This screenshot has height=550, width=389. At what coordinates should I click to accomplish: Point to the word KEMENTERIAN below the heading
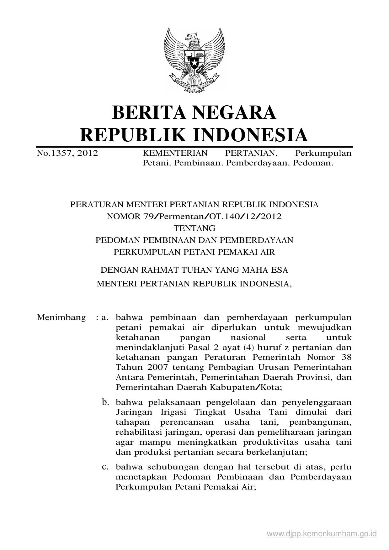[x=175, y=153]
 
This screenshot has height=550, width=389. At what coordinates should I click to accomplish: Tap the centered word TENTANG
[x=194, y=228]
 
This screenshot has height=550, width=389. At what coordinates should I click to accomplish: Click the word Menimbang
[x=61, y=317]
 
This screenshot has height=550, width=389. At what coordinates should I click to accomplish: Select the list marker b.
[x=105, y=402]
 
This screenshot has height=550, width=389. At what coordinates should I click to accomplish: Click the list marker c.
[x=105, y=467]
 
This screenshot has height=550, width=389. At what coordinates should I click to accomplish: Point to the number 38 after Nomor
[x=347, y=357]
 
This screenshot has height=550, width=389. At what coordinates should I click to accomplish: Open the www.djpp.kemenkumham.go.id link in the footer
[x=321, y=534]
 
